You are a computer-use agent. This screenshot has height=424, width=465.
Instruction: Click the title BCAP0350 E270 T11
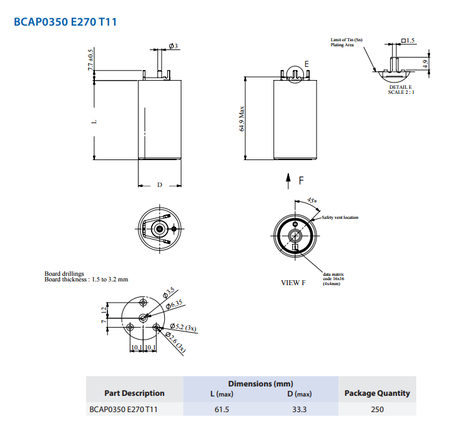(65, 22)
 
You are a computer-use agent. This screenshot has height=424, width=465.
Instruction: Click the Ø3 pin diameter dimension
(174, 47)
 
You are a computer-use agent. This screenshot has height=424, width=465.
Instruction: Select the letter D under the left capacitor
(160, 185)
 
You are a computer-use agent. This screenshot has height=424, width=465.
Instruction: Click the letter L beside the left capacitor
(91, 122)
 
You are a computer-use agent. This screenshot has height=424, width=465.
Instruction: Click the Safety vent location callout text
(340, 218)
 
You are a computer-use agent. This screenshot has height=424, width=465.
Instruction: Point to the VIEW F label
(293, 283)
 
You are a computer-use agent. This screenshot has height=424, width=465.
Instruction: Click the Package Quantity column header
(377, 393)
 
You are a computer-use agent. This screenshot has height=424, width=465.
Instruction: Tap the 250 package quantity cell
(377, 410)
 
